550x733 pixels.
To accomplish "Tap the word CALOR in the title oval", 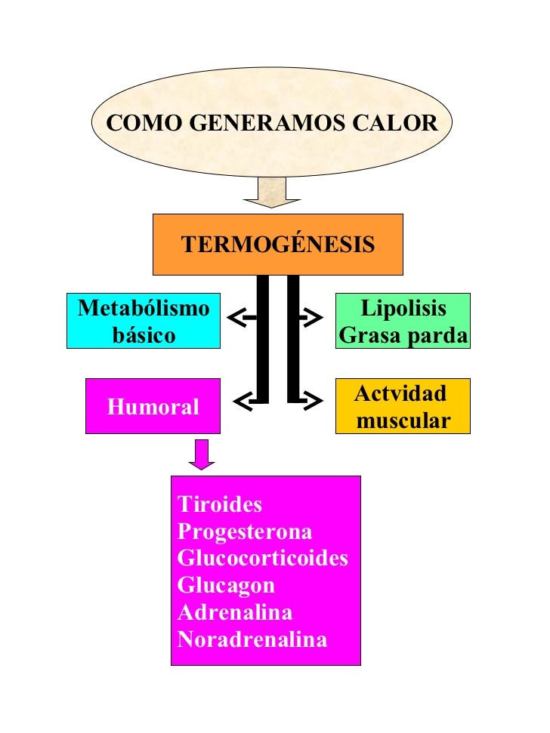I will click(400, 123).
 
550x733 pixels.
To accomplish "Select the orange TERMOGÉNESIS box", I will click(278, 245).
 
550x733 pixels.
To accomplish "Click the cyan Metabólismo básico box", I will click(144, 321).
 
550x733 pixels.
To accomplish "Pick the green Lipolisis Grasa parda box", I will click(403, 321).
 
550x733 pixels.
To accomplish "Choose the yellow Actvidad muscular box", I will click(403, 406).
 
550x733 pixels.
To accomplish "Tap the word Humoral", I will click(153, 408).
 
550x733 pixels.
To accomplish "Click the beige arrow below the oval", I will click(272, 192).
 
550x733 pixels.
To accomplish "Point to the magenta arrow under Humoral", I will click(202, 454).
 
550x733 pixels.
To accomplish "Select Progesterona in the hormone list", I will click(245, 531).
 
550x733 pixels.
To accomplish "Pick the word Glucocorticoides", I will click(263, 559).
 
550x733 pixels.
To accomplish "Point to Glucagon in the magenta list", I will click(226, 585).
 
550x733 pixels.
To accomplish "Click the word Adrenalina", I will click(235, 612).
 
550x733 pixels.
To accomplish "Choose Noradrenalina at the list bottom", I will click(252, 640).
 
